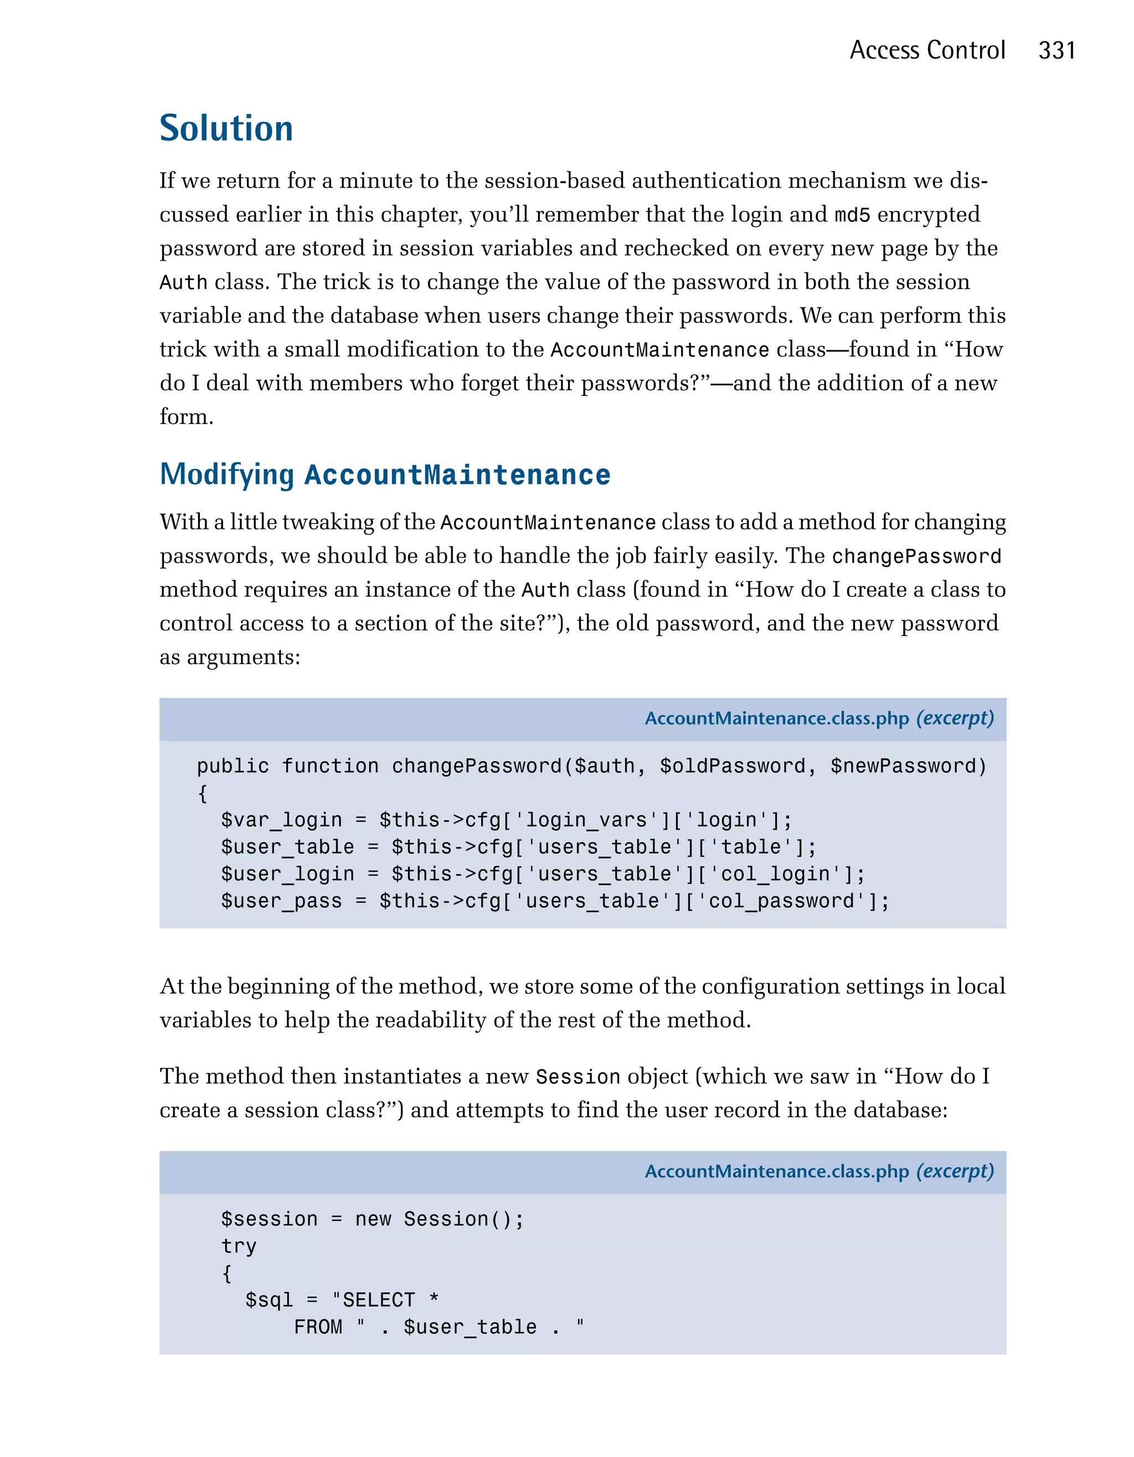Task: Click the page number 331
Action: (x=1056, y=51)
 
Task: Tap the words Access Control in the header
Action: (x=927, y=51)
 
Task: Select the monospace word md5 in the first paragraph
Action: (x=852, y=215)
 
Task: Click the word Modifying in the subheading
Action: (x=227, y=474)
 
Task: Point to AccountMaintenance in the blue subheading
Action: (x=457, y=475)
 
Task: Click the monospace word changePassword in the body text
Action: (x=916, y=556)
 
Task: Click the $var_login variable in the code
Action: (x=281, y=820)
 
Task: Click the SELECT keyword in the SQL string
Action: (x=378, y=1300)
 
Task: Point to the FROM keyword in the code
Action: (x=318, y=1327)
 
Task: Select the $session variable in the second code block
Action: (x=269, y=1219)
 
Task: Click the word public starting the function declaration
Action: (x=233, y=766)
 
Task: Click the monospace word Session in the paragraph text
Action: (x=578, y=1077)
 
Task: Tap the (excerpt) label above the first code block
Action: (x=955, y=718)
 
